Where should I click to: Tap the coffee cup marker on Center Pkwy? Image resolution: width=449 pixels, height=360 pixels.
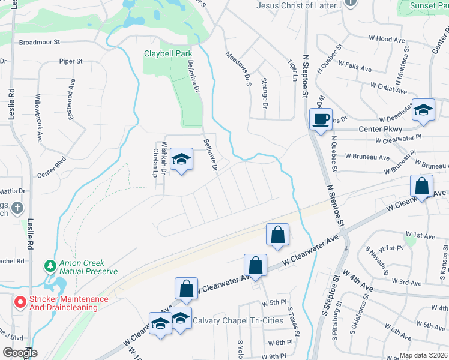pyautogui.click(x=320, y=118)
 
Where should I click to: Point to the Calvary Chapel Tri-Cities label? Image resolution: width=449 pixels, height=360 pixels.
pyautogui.click(x=237, y=320)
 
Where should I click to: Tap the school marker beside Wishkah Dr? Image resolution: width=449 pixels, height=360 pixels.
pyautogui.click(x=181, y=160)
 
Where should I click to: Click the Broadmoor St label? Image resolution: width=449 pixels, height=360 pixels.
pyautogui.click(x=40, y=43)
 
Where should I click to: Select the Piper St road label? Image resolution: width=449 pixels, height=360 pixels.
pyautogui.click(x=70, y=61)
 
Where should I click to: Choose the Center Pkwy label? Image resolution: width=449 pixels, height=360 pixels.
pyautogui.click(x=380, y=128)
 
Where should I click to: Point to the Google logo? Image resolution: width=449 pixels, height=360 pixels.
pyautogui.click(x=20, y=353)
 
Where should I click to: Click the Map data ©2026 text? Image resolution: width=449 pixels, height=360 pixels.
pyautogui.click(x=424, y=355)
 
